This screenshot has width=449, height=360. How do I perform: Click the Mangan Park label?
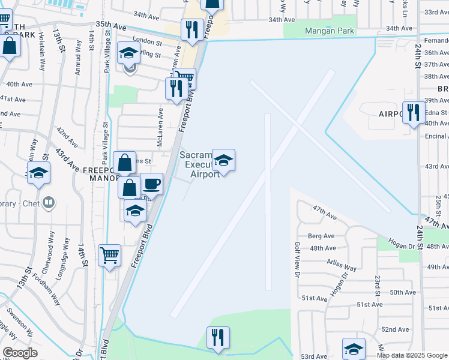tap(330, 31)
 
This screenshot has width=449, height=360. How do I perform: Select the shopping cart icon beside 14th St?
tap(109, 255)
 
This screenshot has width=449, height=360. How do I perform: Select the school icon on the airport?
tap(223, 160)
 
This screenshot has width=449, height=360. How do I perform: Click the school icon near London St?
tap(128, 53)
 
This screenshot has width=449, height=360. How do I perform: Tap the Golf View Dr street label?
tap(297, 259)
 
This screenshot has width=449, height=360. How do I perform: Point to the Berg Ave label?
tap(321, 236)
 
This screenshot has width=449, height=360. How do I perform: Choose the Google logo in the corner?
tap(20, 353)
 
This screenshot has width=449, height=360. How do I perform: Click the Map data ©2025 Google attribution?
tap(412, 355)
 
